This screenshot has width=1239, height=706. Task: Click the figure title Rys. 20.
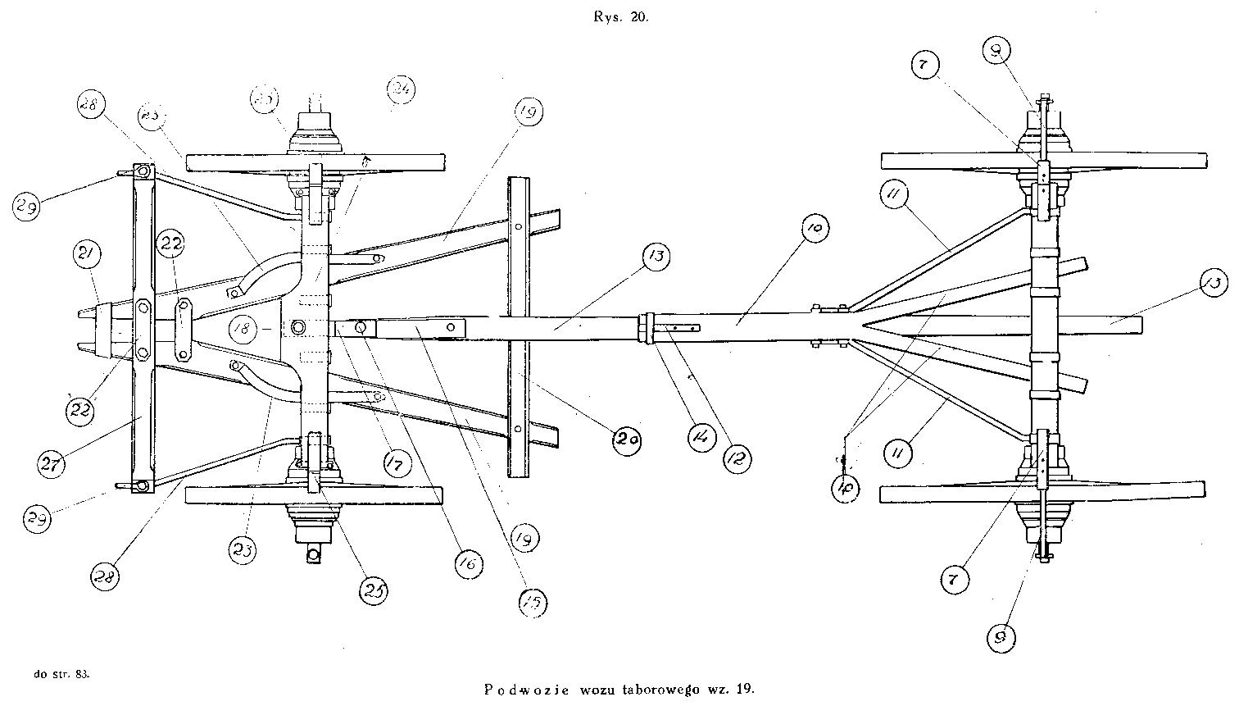(x=621, y=20)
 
